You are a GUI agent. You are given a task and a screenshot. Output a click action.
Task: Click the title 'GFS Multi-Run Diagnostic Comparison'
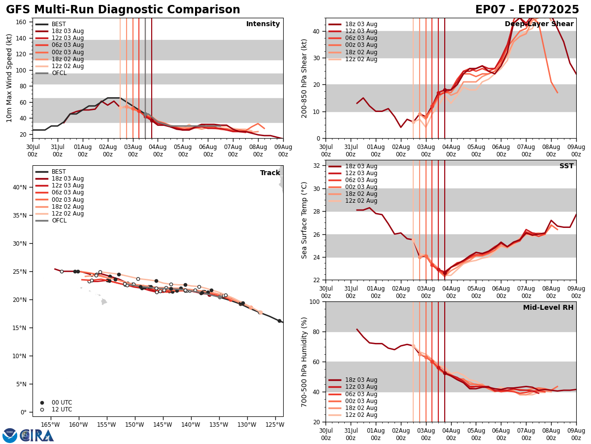coord(123,10)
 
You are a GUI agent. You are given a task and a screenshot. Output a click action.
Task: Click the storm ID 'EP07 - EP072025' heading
coord(527,10)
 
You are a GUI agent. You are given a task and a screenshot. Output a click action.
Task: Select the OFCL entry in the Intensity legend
coord(59,73)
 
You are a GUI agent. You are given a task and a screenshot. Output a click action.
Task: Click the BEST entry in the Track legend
coord(59,172)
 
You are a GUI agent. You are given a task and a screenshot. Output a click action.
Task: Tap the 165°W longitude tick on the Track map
coord(50,424)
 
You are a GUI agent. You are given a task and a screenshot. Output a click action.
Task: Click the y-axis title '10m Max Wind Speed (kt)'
coord(9,78)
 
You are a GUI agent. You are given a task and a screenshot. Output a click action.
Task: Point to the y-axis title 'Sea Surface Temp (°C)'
coord(304,220)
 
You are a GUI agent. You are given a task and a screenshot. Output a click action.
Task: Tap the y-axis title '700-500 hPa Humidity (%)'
coord(304,362)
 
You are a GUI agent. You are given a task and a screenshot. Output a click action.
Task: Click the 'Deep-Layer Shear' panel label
coord(539,24)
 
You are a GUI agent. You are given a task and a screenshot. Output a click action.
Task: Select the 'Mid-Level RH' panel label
coord(548,308)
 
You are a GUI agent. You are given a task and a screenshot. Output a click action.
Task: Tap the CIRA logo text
coord(37,436)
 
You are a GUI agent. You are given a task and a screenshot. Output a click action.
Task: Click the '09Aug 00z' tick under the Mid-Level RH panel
coord(576,434)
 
